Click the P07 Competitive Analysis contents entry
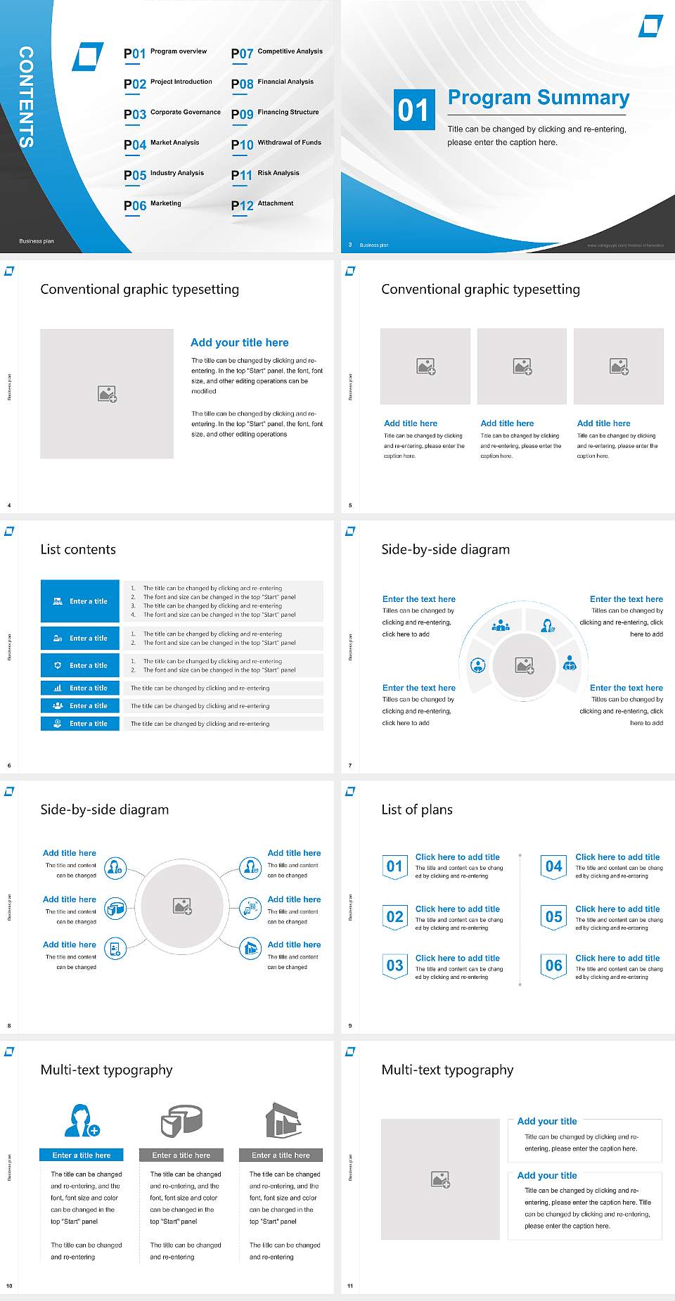coord(276,53)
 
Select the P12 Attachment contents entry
coord(262,205)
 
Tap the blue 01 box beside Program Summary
coord(413,110)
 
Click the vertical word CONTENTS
coord(26,97)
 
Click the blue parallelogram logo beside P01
coord(88,57)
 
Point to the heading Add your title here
coord(239,342)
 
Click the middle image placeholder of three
coord(522,366)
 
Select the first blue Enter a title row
coord(80,601)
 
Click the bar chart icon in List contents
coord(58,688)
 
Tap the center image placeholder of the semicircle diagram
coord(525,665)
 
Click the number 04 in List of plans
coord(554,866)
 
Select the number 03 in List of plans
coord(394,966)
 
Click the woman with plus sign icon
coord(82,1121)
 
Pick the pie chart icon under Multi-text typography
coord(181,1121)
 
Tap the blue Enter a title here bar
coord(82,1155)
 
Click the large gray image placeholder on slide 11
coord(440,1179)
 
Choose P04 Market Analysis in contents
coord(162,144)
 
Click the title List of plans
coord(417,809)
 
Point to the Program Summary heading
coord(538,98)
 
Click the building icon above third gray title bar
coord(283,1121)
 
